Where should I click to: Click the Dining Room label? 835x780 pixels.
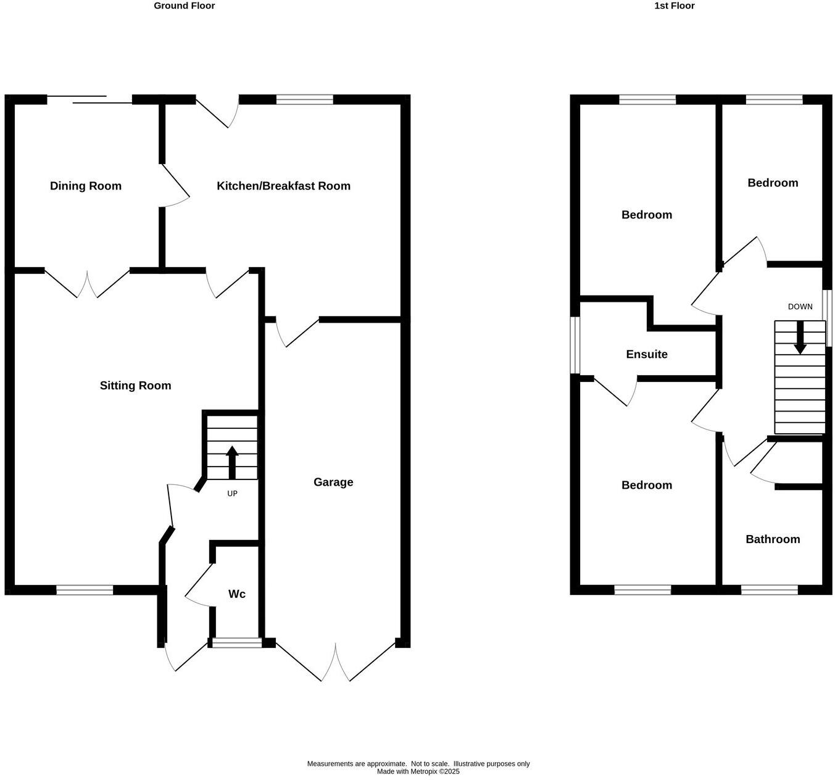86,186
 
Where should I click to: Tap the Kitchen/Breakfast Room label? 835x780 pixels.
283,186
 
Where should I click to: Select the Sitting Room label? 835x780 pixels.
135,386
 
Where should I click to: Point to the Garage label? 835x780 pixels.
333,482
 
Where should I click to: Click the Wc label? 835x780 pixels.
237,594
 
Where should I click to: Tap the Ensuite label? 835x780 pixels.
647,354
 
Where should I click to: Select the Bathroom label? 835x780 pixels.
773,539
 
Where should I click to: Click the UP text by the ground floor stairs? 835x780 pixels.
232,494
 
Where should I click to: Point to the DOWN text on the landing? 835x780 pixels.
800,307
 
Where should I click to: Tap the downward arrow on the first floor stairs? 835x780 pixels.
800,338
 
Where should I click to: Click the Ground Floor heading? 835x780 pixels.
184,6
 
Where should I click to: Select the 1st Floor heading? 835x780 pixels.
675,6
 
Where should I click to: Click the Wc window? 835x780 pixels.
237,643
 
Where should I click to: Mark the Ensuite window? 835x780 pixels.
575,346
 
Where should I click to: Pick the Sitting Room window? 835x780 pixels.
85,591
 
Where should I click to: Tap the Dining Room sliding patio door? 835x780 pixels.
89,99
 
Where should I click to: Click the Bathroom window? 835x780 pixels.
769,591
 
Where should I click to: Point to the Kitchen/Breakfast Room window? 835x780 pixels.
304,99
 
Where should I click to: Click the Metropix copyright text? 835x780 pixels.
418,771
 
